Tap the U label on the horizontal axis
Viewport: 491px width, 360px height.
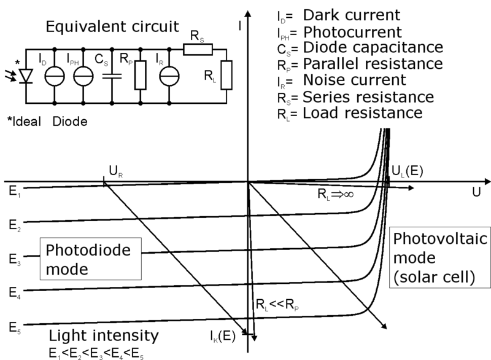tap(476, 192)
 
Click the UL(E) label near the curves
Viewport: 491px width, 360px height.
tap(406, 171)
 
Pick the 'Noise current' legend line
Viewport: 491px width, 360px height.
tap(352, 80)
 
